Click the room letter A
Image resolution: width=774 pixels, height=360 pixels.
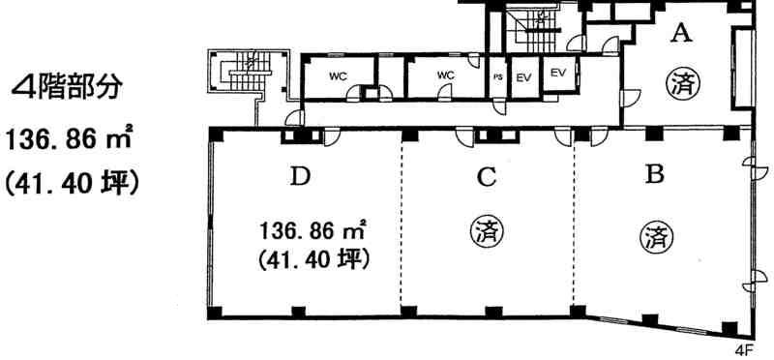point(680,33)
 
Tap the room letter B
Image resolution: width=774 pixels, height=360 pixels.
point(655,175)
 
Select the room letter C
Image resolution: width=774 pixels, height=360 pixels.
point(487,177)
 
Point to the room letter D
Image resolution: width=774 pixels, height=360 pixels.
point(300,177)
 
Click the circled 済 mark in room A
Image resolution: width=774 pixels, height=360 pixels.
point(680,83)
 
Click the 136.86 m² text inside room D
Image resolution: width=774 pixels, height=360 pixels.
point(313,229)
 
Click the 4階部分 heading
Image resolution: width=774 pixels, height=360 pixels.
point(67,88)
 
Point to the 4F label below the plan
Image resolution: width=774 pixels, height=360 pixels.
point(743,351)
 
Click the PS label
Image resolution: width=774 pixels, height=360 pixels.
point(498,77)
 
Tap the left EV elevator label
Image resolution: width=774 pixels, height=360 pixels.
point(523,77)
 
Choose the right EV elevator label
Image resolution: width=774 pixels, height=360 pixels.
point(558,74)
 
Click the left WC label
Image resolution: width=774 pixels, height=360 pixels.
point(338,76)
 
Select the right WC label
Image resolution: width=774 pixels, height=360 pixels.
point(445,75)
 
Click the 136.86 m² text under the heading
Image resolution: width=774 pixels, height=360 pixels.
point(68,139)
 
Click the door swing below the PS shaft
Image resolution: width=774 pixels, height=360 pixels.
point(499,107)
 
